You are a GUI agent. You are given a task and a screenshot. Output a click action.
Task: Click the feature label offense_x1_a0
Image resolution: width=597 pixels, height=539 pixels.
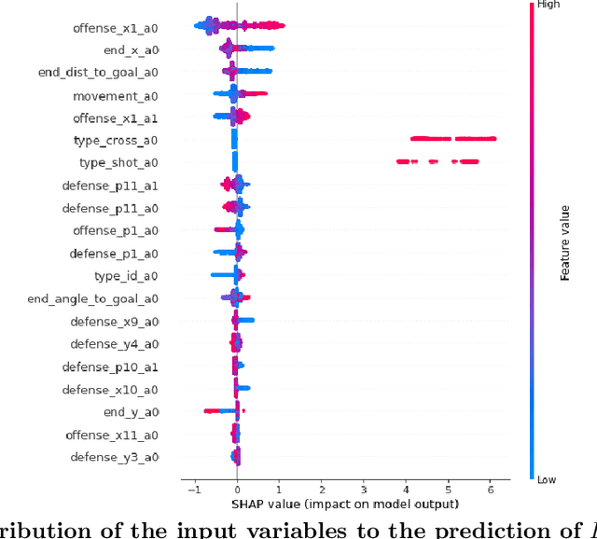click(116, 28)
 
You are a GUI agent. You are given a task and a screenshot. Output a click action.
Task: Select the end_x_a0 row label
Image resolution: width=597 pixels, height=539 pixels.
click(130, 50)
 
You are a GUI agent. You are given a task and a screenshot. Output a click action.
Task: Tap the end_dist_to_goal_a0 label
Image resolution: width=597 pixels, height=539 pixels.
click(98, 73)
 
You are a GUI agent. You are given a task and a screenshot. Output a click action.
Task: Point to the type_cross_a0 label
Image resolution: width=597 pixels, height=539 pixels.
click(116, 141)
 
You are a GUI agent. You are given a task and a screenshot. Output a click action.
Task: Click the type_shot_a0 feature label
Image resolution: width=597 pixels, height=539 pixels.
click(118, 163)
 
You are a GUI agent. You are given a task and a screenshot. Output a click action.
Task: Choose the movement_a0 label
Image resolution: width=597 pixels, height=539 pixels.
click(116, 96)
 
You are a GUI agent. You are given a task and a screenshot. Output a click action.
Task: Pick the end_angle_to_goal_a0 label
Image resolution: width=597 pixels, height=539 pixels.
click(93, 298)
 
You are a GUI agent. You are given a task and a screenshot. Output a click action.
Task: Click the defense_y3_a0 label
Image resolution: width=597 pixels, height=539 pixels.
click(112, 457)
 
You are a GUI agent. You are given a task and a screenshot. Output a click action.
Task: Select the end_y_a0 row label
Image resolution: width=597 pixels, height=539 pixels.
click(131, 411)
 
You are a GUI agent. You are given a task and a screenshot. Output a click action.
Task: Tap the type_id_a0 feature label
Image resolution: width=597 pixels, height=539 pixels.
click(126, 276)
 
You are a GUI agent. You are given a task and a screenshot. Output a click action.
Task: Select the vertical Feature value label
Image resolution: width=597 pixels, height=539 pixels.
click(564, 242)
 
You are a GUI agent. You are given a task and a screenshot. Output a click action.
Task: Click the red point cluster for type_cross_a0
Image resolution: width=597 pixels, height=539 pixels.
click(453, 139)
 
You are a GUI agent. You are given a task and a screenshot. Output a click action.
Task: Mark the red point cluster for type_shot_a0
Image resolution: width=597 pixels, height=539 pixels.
click(438, 162)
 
